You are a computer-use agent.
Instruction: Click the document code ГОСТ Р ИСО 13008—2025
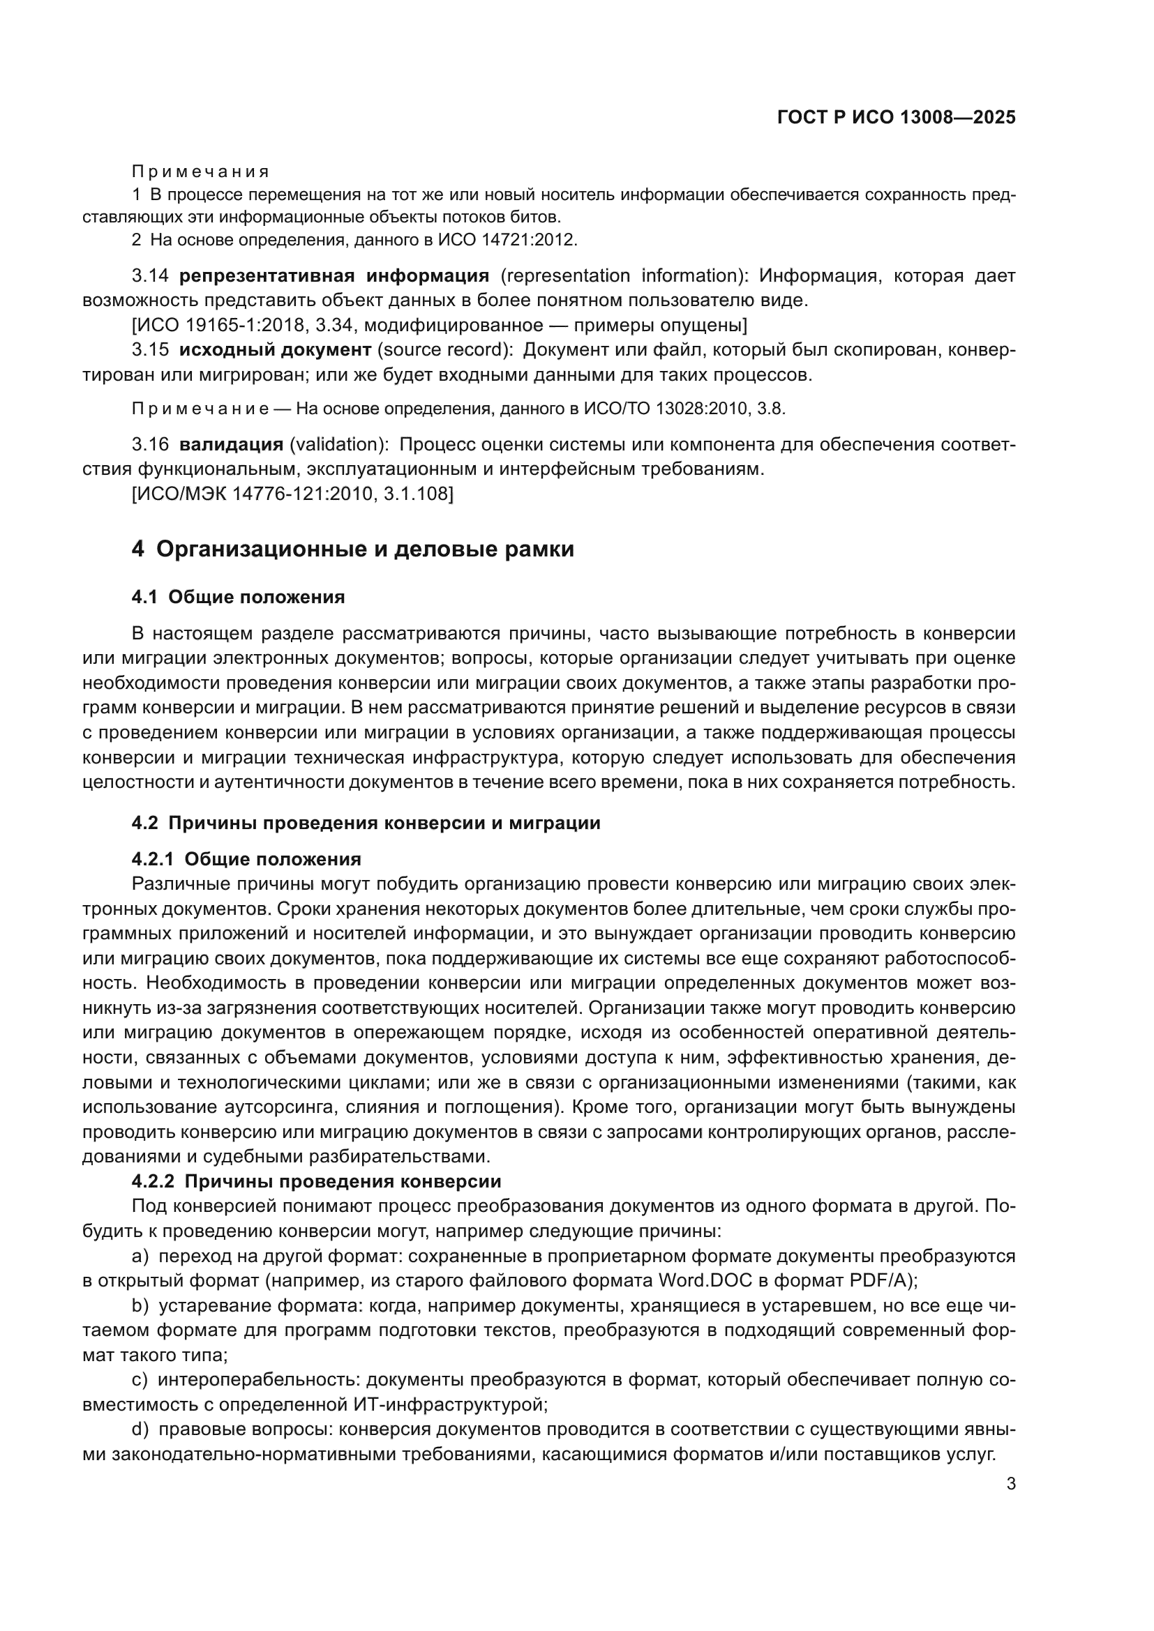coord(896,118)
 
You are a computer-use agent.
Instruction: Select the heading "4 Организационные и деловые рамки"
coord(352,549)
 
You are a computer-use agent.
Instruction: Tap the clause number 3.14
coord(150,275)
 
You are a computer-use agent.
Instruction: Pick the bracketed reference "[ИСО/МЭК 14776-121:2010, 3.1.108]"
coord(292,494)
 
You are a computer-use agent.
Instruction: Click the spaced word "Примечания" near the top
coord(200,172)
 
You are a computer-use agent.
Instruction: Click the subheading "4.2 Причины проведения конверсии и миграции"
coord(366,824)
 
